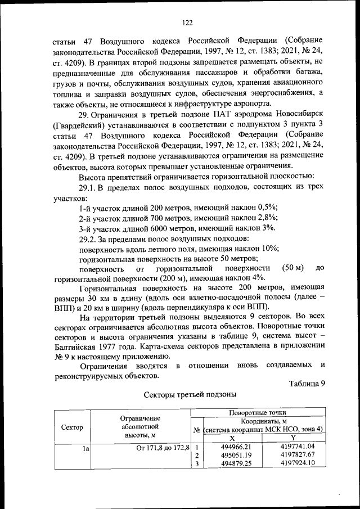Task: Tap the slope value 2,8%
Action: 267,217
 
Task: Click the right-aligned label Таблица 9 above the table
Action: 307,384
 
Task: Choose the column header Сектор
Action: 72,427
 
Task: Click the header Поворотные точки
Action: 258,413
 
